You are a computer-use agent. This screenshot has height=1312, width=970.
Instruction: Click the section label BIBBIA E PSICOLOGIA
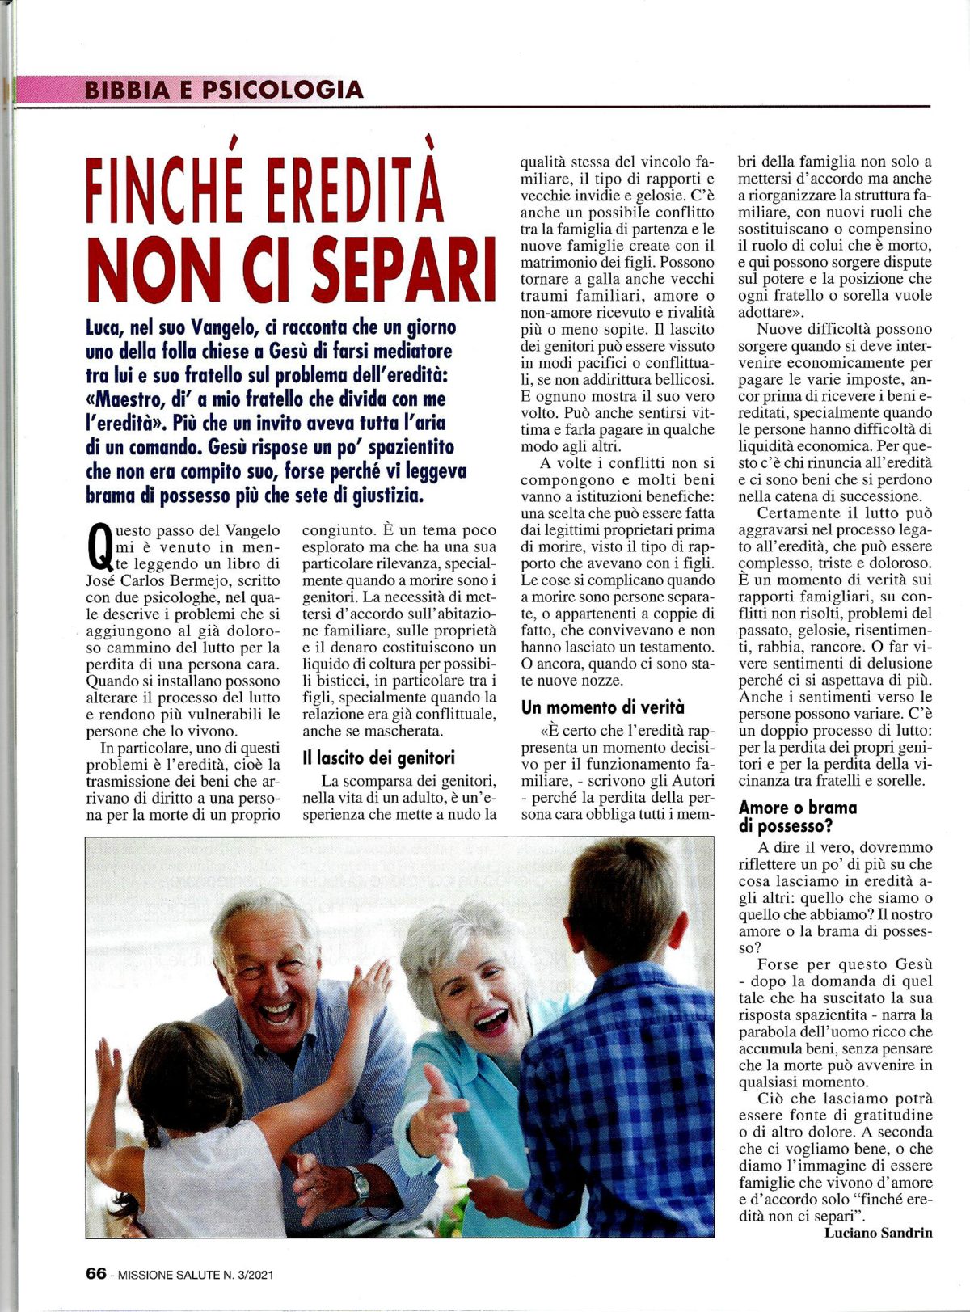click(x=223, y=89)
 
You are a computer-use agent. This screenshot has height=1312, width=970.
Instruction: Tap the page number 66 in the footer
click(x=96, y=1274)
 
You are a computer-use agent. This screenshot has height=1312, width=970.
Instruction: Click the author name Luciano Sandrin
click(x=878, y=1233)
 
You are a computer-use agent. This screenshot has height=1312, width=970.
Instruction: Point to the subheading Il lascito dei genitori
click(x=378, y=757)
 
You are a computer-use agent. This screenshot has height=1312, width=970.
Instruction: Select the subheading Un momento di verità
click(x=602, y=707)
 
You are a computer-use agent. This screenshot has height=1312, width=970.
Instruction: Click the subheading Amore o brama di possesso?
click(x=798, y=816)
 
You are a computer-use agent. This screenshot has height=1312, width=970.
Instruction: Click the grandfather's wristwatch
click(x=357, y=1185)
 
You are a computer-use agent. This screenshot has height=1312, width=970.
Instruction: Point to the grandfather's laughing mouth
click(x=276, y=1012)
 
